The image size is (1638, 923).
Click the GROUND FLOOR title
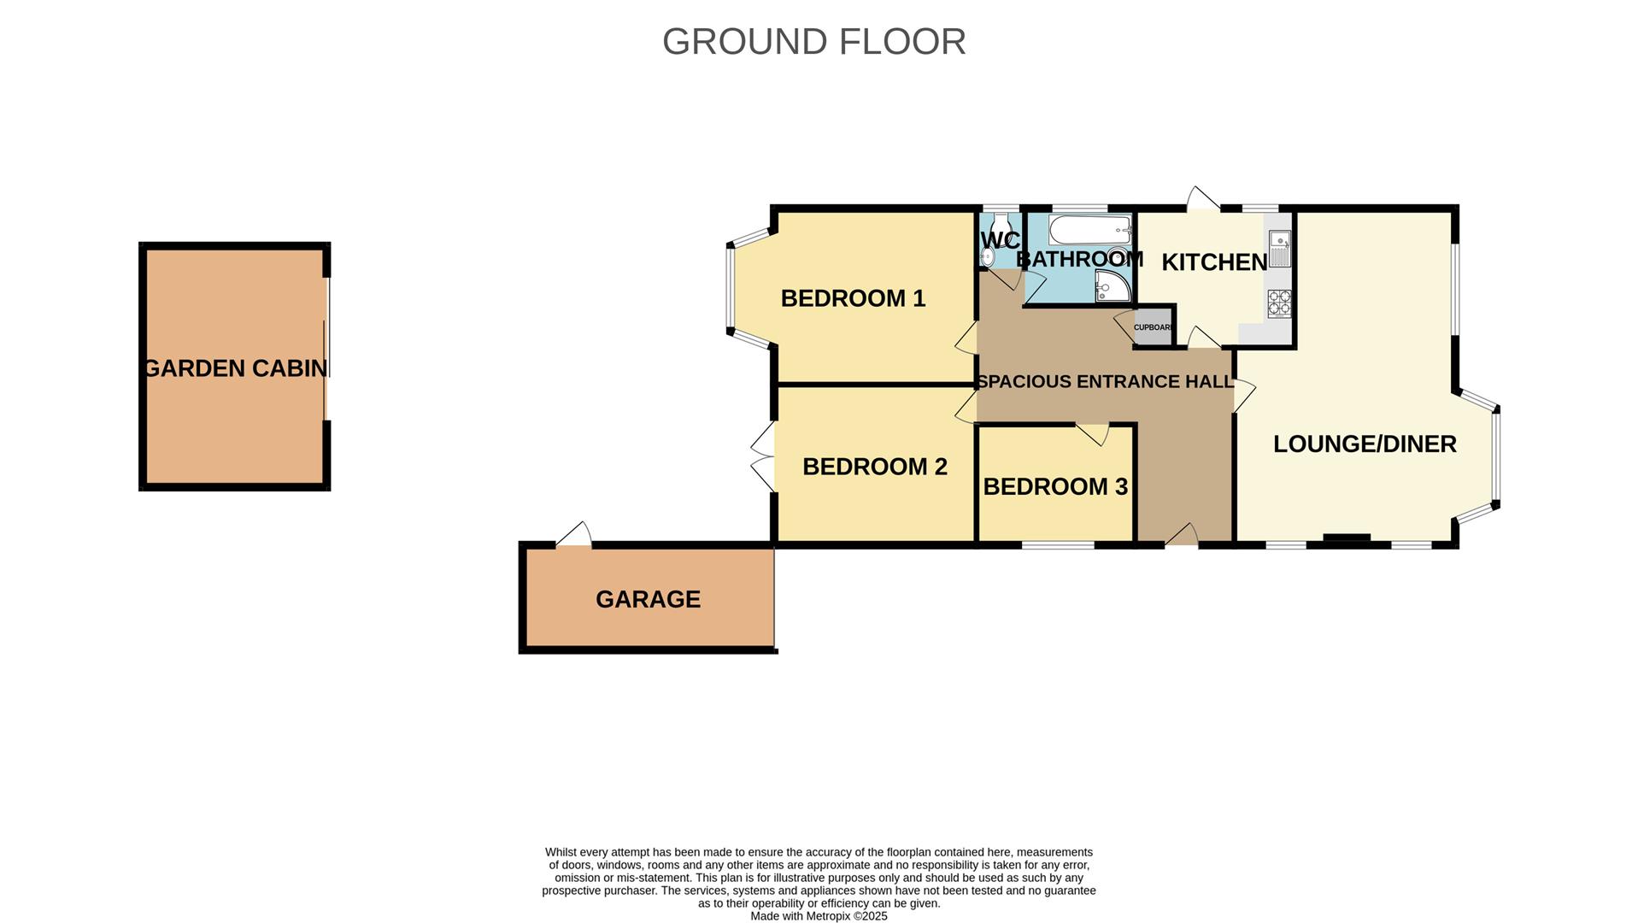tap(813, 41)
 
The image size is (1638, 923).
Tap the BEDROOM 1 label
tap(852, 298)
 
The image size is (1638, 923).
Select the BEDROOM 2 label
tap(874, 467)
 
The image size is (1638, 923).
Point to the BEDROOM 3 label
tap(1054, 486)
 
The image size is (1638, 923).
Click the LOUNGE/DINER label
tap(1364, 444)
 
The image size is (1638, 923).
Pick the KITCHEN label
tap(1213, 262)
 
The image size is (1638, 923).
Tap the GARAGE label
tap(648, 599)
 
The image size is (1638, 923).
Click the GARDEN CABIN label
tap(236, 368)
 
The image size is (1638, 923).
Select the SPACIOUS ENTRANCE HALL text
tap(1104, 382)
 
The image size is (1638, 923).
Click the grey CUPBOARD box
tap(1153, 327)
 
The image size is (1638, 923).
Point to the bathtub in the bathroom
tap(1089, 230)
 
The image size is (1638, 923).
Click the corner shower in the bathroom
tap(1112, 287)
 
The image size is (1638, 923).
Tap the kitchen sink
tap(1278, 248)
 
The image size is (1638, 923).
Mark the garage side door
tap(574, 535)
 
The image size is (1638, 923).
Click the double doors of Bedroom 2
tap(763, 456)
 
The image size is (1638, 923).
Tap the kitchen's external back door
tap(1202, 198)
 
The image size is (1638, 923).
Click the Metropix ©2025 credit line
tap(819, 916)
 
